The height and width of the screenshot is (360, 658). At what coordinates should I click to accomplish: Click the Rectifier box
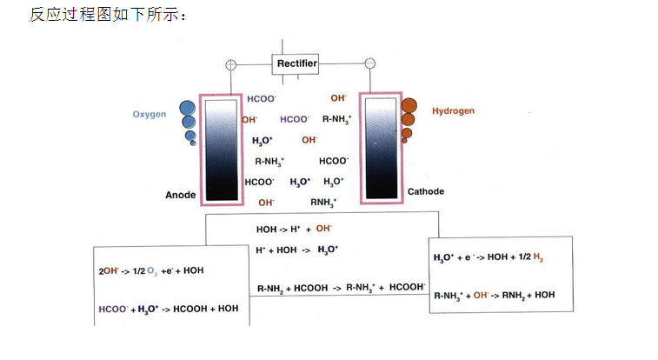pos(296,63)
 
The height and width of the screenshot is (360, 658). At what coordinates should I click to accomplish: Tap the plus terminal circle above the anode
pos(230,64)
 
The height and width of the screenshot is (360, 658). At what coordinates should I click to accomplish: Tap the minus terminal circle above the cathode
pos(369,63)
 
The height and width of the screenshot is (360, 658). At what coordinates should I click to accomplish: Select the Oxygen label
pos(149,115)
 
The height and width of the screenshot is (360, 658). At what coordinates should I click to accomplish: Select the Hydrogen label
pos(453,111)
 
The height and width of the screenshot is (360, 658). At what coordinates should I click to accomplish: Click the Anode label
pos(181,195)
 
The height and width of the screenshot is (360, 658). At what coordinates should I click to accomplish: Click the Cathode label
pos(425,191)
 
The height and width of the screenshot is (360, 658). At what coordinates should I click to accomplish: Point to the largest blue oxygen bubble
pos(187,109)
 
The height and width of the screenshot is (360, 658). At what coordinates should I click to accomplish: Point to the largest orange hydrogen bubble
pos(409,107)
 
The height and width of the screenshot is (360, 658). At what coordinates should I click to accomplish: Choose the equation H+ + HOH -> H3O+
pos(296,250)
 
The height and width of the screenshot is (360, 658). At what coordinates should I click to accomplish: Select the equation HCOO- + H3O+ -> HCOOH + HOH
pos(169,308)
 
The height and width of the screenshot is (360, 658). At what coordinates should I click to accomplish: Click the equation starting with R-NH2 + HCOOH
pos(341,286)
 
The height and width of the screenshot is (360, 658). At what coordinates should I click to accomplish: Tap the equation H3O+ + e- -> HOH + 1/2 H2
pos(489,258)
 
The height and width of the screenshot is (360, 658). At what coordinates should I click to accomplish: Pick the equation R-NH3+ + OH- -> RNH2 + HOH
pos(494,295)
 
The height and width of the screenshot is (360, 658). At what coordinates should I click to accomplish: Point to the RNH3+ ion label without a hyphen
pos(323,202)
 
